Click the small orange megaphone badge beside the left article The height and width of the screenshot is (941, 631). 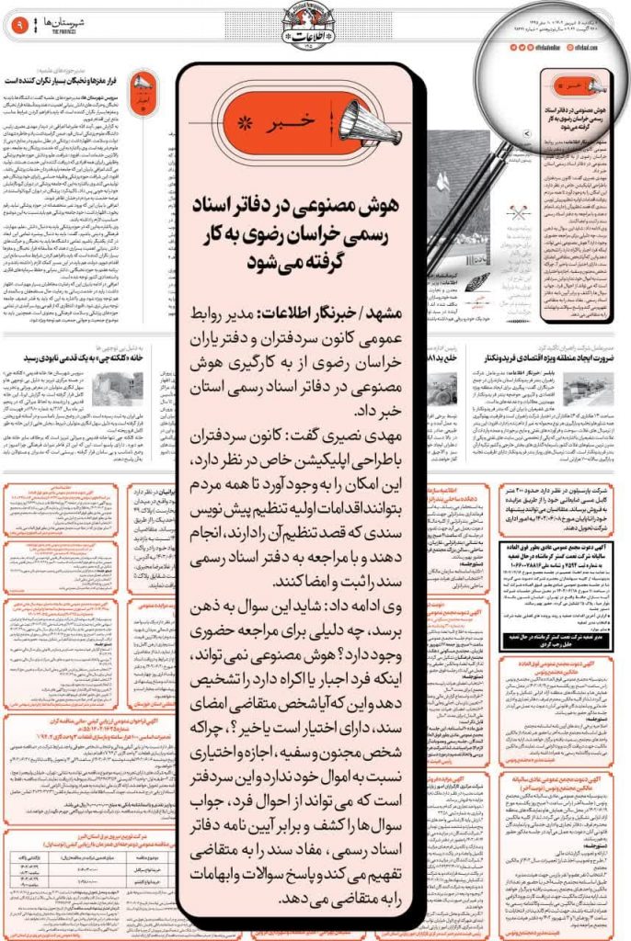click(143, 93)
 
